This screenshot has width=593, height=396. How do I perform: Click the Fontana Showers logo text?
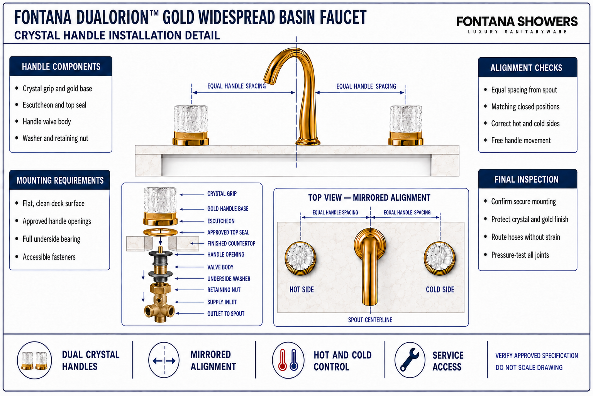(x=517, y=22)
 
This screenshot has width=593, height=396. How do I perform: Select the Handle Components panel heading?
(x=61, y=67)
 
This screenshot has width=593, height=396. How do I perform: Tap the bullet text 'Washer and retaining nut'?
(x=55, y=138)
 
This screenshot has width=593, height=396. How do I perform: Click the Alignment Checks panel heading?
(x=526, y=68)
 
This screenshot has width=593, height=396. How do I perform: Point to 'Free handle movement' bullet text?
(x=521, y=140)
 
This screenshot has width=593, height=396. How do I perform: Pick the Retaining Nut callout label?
(x=224, y=290)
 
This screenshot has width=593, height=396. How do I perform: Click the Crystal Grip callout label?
(x=222, y=194)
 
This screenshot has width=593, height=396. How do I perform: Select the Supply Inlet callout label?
(x=222, y=302)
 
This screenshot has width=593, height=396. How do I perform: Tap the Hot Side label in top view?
(x=302, y=290)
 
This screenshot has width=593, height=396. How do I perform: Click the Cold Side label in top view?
(x=440, y=290)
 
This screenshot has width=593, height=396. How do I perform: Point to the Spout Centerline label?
(x=370, y=320)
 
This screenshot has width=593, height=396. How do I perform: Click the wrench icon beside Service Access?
(x=410, y=360)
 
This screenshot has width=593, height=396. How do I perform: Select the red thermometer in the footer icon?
(x=283, y=360)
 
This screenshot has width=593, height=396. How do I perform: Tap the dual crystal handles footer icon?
(x=34, y=360)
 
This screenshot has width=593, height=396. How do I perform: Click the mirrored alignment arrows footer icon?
(x=164, y=360)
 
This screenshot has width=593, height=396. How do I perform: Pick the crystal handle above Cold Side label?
(x=439, y=257)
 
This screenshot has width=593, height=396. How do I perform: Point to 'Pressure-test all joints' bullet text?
(x=520, y=255)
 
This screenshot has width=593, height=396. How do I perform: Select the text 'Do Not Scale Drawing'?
(x=529, y=368)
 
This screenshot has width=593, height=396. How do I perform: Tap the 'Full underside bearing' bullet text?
(x=51, y=239)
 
